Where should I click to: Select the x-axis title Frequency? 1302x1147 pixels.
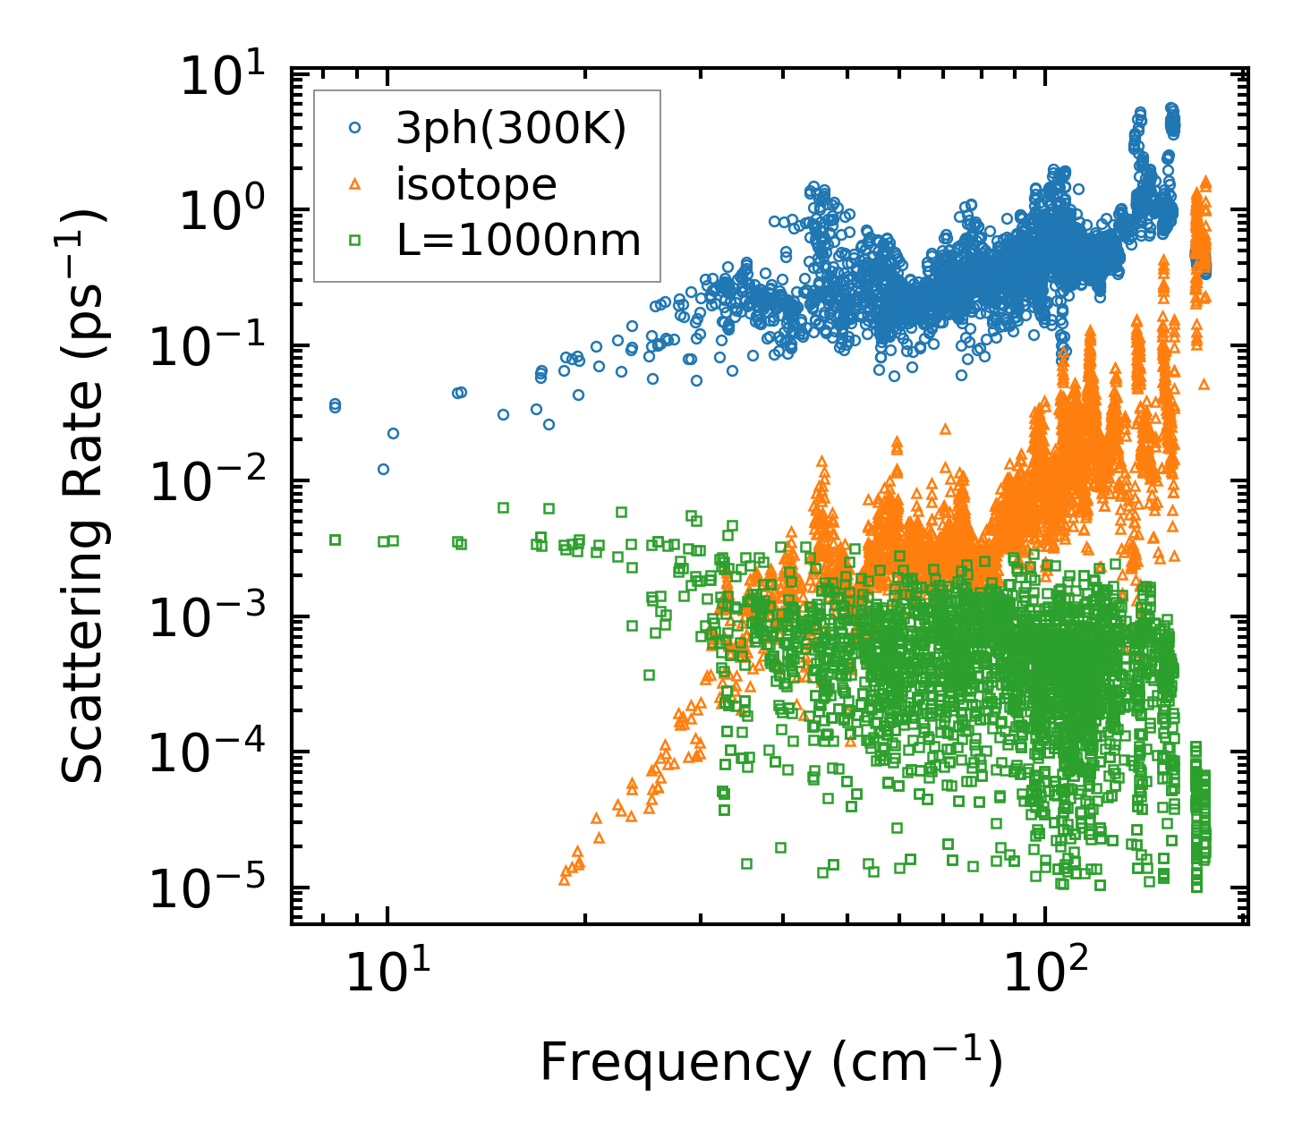[770, 1063]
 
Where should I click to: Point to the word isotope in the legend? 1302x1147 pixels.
[476, 184]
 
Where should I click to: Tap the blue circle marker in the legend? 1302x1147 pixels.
[354, 128]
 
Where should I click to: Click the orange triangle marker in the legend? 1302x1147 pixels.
[354, 184]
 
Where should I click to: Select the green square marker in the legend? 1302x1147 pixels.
[354, 240]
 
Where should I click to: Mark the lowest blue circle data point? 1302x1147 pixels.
[383, 469]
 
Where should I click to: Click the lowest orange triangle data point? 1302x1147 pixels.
[564, 879]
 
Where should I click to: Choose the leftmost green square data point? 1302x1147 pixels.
[335, 540]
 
